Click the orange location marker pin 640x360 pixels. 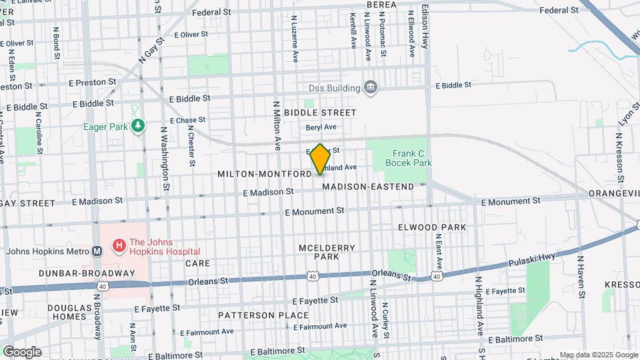(320, 159)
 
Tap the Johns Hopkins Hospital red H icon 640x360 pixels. (119, 247)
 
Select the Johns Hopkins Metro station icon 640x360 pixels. (97, 251)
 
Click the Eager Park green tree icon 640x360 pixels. (138, 126)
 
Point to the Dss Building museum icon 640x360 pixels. (370, 87)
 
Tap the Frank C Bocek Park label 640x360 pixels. (412, 158)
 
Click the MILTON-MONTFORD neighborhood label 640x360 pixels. (264, 174)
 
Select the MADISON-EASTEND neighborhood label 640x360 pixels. (368, 187)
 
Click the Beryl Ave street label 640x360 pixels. (321, 127)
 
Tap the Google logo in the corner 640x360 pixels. (21, 351)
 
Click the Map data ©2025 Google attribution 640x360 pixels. (598, 355)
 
